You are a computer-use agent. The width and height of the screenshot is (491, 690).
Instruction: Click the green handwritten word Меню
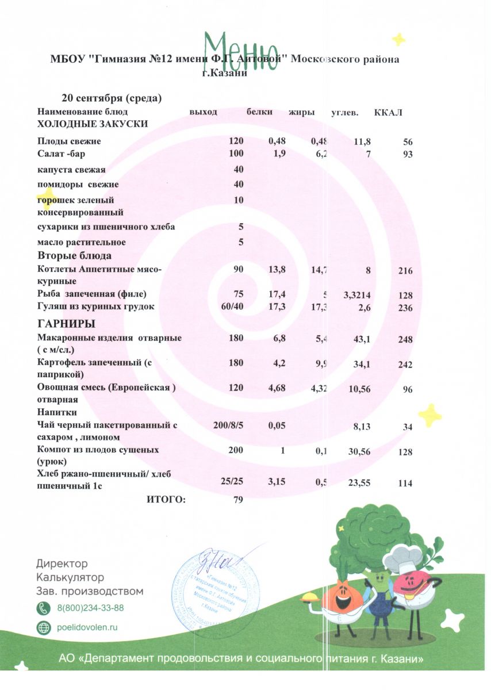coord(241,49)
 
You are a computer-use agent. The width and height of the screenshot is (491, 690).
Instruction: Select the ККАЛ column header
coord(388,112)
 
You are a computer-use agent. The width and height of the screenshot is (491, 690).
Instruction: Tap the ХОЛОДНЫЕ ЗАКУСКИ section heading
coord(93,124)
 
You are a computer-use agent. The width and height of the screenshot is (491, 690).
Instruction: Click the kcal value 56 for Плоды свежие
coord(408,142)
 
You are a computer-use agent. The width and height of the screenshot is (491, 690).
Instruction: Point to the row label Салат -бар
coord(62,154)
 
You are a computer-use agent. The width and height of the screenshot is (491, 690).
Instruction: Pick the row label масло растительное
coord(81,242)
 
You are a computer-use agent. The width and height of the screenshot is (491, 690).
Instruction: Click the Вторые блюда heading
coord(74,255)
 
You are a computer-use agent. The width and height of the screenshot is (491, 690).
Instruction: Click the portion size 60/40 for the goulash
coord(232,306)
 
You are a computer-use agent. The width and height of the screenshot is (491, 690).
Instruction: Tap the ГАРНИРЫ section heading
coord(66,324)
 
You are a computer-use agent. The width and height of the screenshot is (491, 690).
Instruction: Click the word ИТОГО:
coord(166,500)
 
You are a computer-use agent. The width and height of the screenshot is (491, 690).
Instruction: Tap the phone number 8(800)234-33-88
coord(90,608)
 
